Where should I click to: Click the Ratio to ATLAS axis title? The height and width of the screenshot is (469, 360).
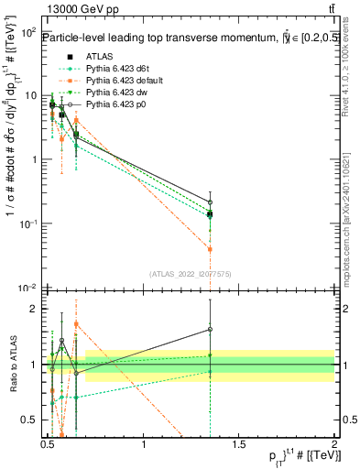click(x=11, y=365)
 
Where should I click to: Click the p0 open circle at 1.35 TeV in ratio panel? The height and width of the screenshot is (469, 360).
click(x=211, y=330)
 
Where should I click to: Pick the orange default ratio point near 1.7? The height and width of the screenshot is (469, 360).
click(x=77, y=324)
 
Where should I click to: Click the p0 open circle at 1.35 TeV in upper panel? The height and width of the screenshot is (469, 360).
click(x=211, y=202)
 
